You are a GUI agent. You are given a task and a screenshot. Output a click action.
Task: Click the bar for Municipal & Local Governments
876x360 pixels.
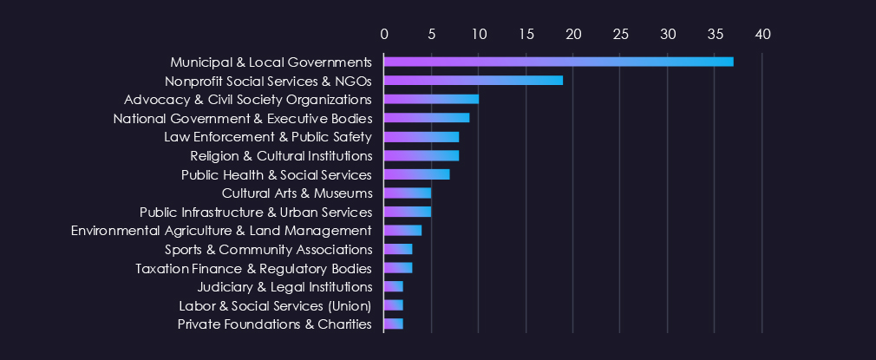coord(559,62)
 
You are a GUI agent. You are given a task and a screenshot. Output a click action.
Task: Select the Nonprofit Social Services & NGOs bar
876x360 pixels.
coord(474,81)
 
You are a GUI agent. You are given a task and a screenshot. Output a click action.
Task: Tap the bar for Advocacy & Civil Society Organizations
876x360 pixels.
coord(431,99)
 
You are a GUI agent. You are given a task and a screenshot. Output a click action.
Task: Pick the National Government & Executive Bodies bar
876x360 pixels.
coord(427,118)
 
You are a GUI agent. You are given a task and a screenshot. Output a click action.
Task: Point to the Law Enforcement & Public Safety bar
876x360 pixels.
coord(422,137)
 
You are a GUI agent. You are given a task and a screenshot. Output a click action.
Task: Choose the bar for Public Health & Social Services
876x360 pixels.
coord(417,174)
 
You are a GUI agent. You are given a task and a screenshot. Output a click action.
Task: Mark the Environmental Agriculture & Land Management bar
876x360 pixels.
coord(402,231)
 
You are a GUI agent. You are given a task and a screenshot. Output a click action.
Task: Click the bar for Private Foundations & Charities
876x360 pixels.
coord(394,324)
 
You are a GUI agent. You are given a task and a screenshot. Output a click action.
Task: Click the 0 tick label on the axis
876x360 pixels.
coord(384,34)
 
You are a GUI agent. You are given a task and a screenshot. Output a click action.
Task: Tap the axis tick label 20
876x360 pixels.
coord(573,34)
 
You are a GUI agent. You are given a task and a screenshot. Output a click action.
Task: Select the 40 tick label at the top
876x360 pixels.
coord(762,34)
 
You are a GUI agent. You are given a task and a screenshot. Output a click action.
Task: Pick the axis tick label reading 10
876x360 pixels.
coord(479,34)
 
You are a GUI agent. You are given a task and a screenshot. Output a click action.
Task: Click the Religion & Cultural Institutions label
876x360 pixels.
coord(281,156)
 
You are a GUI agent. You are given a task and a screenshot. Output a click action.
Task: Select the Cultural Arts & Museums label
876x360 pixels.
coord(297,193)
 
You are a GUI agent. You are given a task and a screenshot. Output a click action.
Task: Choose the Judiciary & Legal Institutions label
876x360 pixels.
coord(284,287)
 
